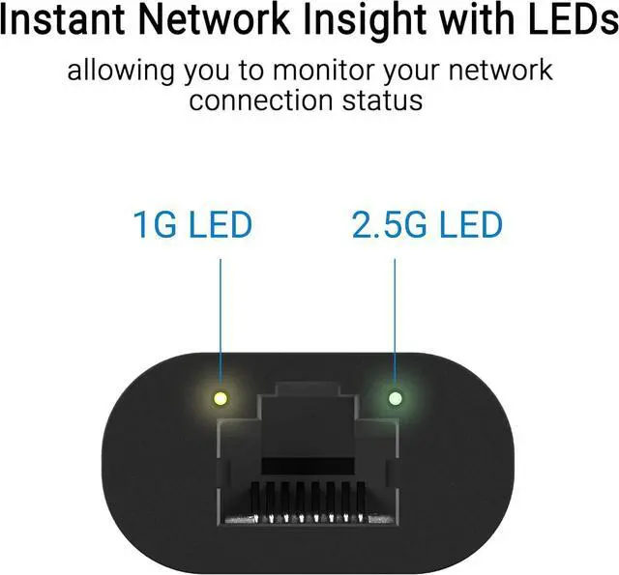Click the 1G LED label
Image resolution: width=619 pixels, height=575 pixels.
pos(192,225)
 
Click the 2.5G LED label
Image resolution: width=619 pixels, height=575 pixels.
pos(427,225)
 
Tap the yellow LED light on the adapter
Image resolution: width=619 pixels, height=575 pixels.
pos(221,397)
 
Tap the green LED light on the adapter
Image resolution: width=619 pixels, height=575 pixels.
pos(394,397)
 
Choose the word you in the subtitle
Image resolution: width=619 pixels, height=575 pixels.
pos(224,72)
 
